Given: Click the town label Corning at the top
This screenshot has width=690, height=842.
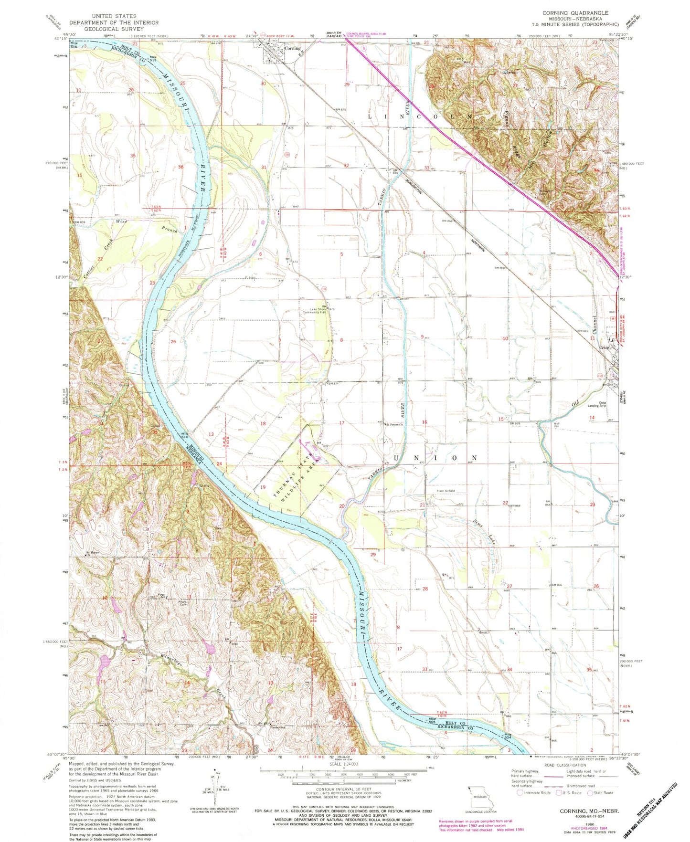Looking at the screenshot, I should coord(292,48).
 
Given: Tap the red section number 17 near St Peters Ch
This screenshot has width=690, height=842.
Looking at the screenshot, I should coord(341,423).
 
